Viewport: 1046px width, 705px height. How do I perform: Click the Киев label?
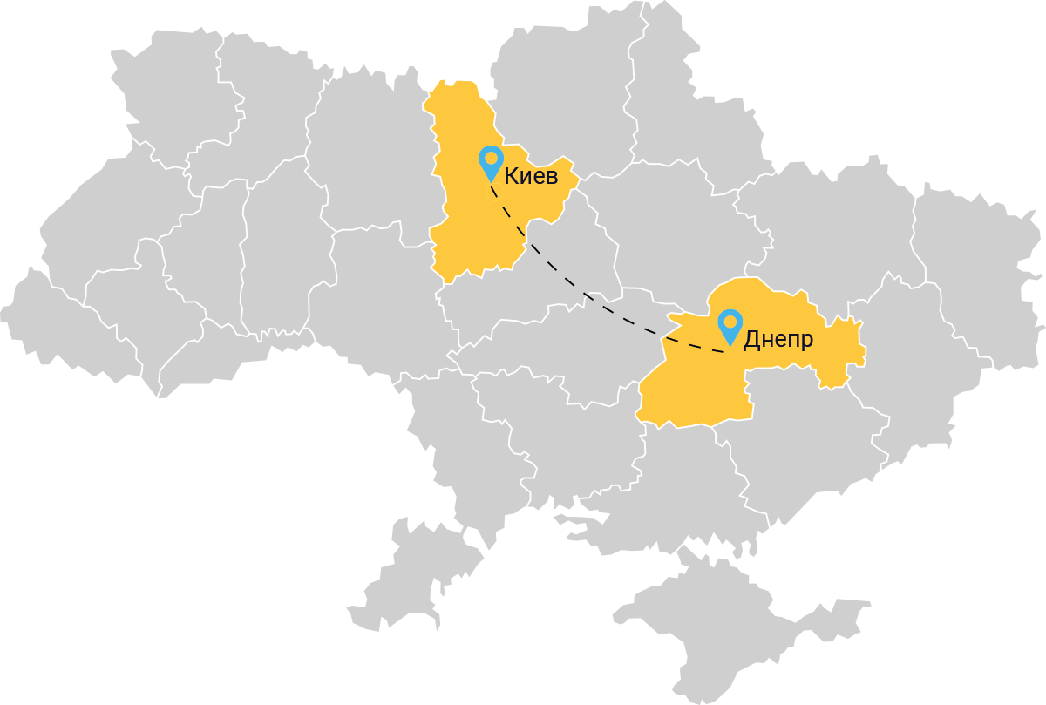[x=530, y=177]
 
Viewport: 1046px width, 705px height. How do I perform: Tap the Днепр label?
[x=778, y=339]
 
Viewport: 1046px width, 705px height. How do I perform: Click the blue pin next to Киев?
[x=492, y=163]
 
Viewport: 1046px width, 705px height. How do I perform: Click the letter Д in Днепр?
[x=751, y=340]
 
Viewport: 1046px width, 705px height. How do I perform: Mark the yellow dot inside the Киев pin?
[x=492, y=158]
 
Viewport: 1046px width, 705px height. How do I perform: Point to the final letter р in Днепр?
[x=806, y=342]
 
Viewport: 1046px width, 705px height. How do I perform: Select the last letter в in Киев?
[x=550, y=178]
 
